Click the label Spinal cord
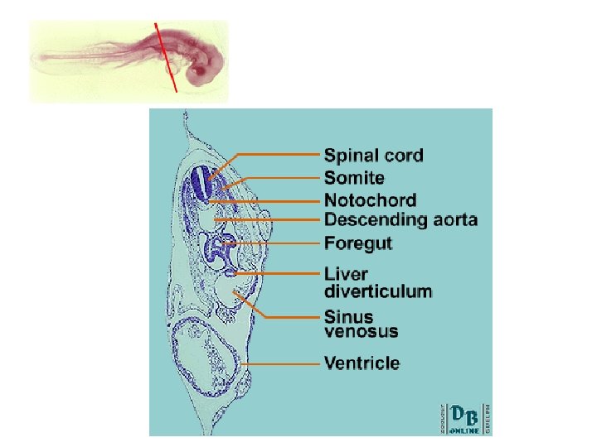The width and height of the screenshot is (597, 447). pyautogui.click(x=373, y=155)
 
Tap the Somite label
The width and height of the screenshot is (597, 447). pyautogui.click(x=354, y=177)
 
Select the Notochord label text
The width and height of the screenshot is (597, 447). pyautogui.click(x=370, y=199)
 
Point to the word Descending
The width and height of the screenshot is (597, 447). pyautogui.click(x=375, y=219)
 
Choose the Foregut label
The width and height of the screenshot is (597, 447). pyautogui.click(x=358, y=243)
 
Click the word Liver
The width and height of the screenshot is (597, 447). pyautogui.click(x=346, y=274)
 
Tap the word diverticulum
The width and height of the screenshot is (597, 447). pyautogui.click(x=377, y=291)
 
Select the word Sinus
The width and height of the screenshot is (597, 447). pyautogui.click(x=348, y=316)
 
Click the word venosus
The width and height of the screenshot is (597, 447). pyautogui.click(x=361, y=332)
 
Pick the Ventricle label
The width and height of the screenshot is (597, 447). pyautogui.click(x=362, y=363)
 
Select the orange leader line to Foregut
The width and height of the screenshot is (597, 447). pyautogui.click(x=278, y=243)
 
